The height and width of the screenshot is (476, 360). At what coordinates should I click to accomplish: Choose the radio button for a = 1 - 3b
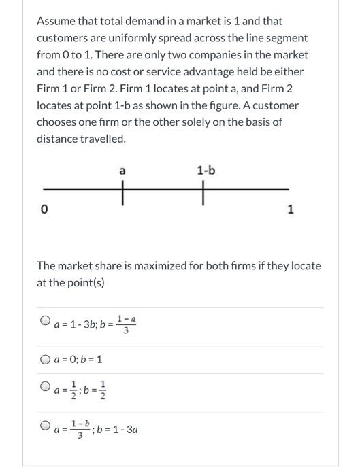(45, 319)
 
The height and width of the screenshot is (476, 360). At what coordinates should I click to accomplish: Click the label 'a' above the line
(122, 171)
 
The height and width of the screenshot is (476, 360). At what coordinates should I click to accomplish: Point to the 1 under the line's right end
(291, 209)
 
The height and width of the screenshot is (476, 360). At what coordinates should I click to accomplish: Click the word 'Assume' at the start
(56, 21)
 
